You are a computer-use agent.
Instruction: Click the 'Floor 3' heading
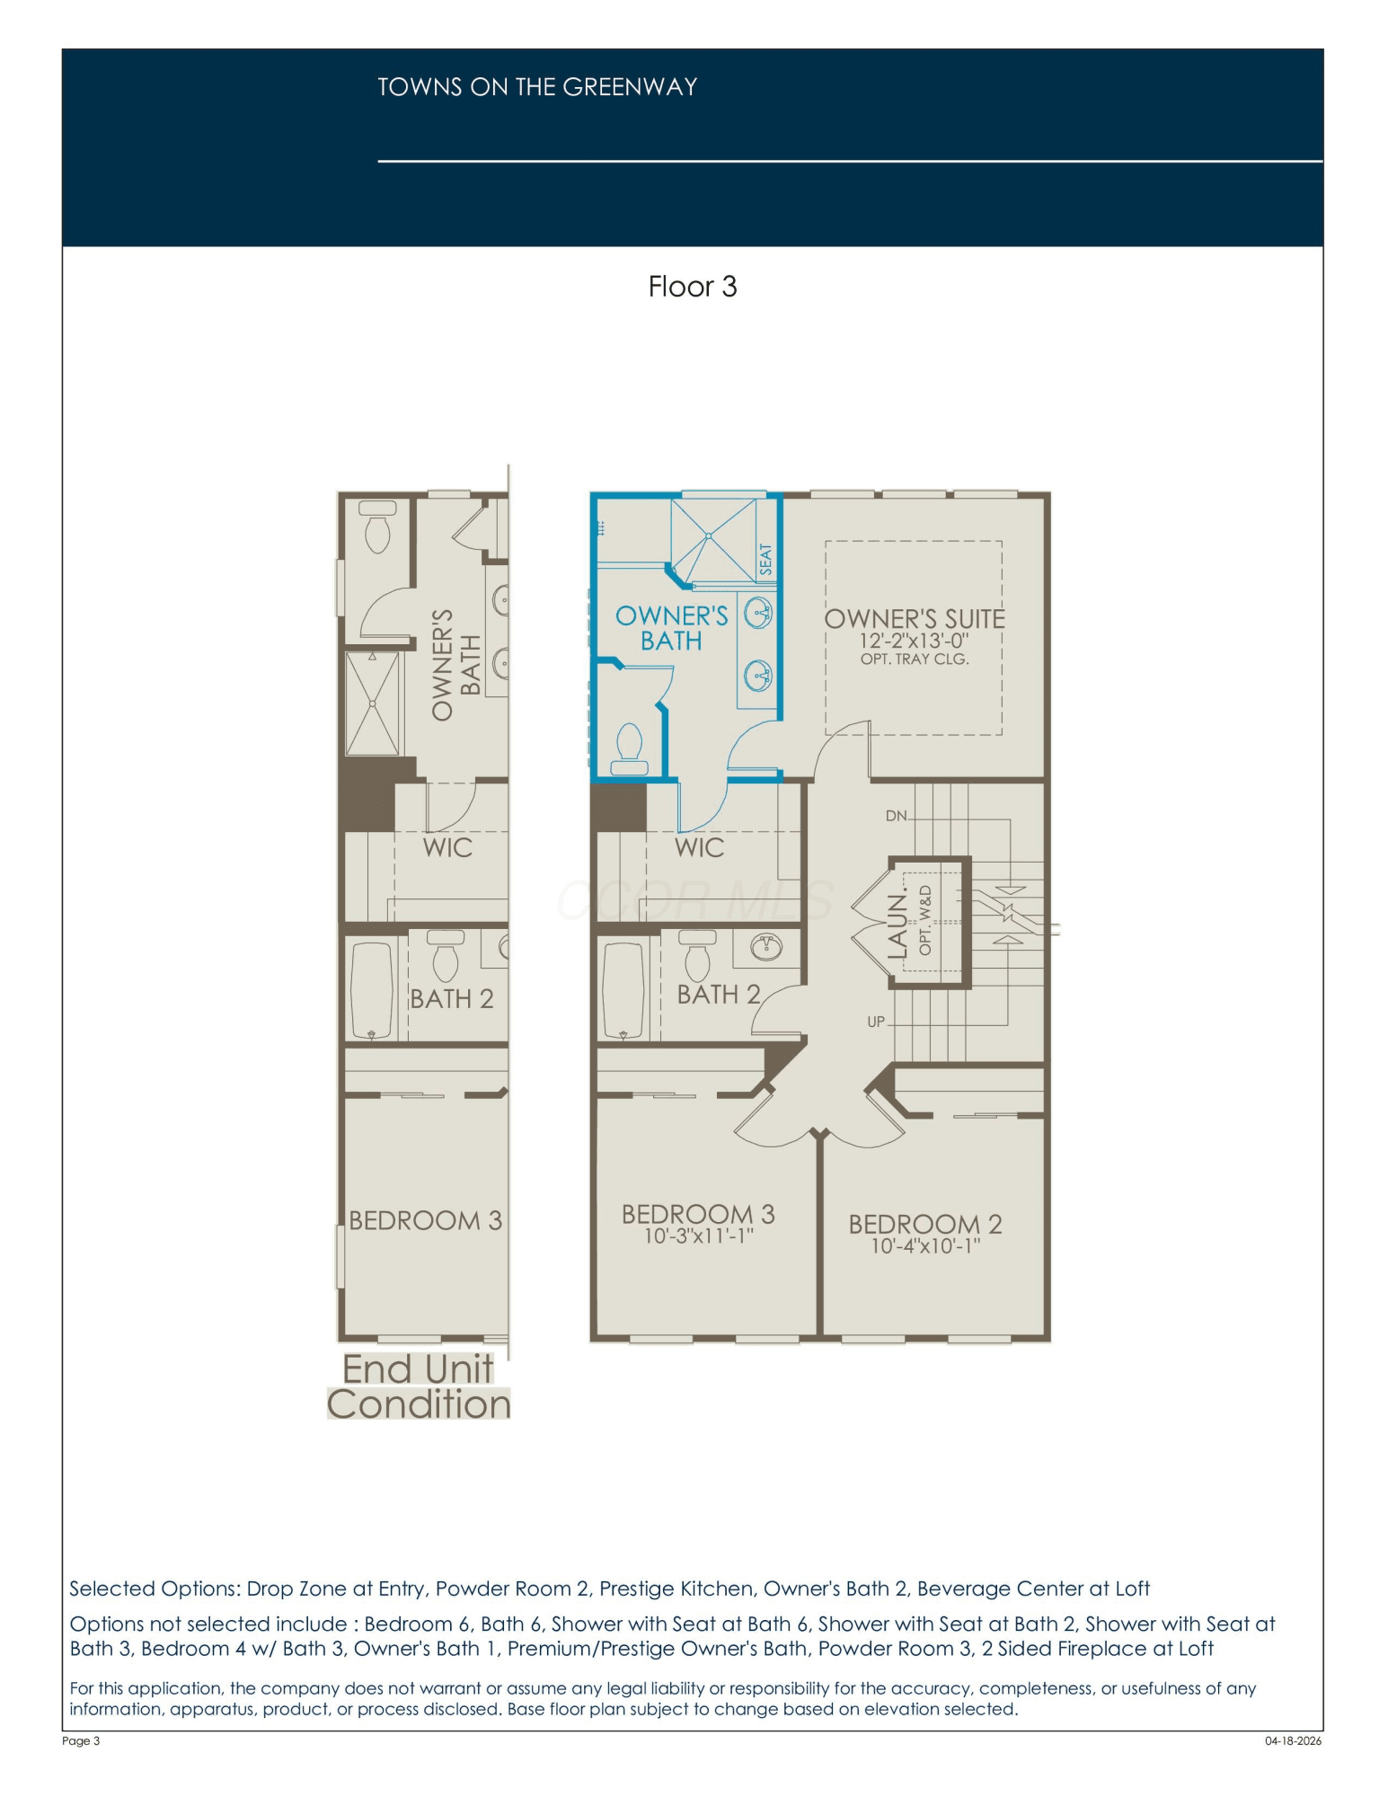pyautogui.click(x=692, y=287)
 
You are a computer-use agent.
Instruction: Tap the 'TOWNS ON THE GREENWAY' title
pyautogui.click(x=537, y=87)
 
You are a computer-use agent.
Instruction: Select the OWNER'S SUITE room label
pyautogui.click(x=915, y=619)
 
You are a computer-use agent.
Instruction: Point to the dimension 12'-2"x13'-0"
pyautogui.click(x=914, y=641)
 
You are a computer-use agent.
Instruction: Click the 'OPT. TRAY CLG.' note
pyautogui.click(x=915, y=659)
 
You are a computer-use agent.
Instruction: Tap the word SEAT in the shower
pyautogui.click(x=765, y=559)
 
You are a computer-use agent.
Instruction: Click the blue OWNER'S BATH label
pyautogui.click(x=671, y=628)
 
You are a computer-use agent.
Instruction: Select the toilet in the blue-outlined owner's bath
pyautogui.click(x=629, y=749)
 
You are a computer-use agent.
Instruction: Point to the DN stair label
pyautogui.click(x=896, y=816)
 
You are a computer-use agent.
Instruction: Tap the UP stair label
pyautogui.click(x=876, y=1022)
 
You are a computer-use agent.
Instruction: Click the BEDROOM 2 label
pyautogui.click(x=924, y=1224)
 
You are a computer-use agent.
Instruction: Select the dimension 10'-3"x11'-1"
pyautogui.click(x=698, y=1236)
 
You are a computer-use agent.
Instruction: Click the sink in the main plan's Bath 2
pyautogui.click(x=766, y=946)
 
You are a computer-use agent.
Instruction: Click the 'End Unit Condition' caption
pyautogui.click(x=419, y=1386)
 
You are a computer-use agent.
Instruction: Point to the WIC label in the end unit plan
pyautogui.click(x=447, y=847)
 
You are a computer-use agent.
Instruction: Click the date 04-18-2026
pyautogui.click(x=1293, y=1740)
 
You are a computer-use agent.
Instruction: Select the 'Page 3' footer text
pyautogui.click(x=81, y=1740)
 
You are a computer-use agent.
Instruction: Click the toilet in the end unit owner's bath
pyautogui.click(x=377, y=527)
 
